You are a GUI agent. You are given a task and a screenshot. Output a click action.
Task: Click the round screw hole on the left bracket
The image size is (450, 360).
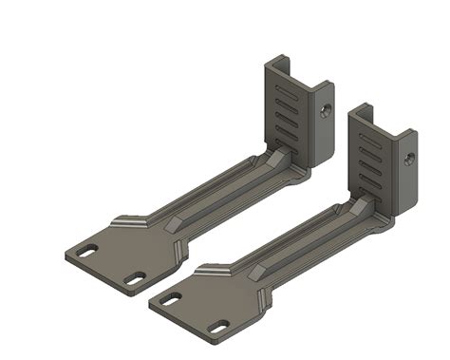tap(328, 109)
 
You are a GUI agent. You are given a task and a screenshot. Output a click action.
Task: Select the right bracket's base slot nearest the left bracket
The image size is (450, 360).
tap(172, 298)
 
